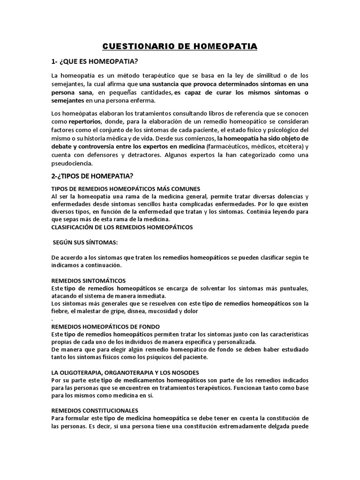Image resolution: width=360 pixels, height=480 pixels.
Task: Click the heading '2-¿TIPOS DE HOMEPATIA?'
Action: [92, 176]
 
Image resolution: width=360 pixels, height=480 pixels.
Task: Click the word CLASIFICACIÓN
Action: [75, 227]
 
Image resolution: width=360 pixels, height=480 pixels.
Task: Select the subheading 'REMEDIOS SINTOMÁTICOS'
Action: [84, 280]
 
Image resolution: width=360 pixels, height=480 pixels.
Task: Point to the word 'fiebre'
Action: [60, 311]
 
